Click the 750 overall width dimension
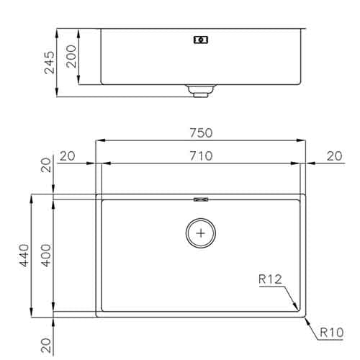[201, 132]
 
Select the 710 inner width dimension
[201, 156]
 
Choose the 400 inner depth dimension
[45, 254]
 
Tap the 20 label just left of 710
[68, 156]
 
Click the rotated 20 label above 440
[45, 166]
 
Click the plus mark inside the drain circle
[201, 232]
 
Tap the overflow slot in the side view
[201, 40]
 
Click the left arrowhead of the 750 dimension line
[99, 140]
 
